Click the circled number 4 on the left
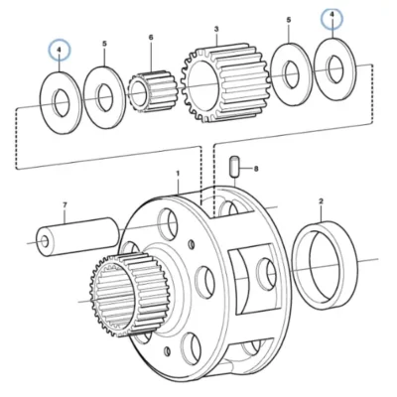coord(60,50)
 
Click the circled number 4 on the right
coord(332,15)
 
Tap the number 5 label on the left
coord(104,44)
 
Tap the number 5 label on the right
coord(289,20)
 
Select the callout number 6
coord(151,37)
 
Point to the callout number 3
coord(216,29)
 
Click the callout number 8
coord(256,169)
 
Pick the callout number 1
coord(178,174)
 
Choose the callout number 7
coord(65,205)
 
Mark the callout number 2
coord(321,200)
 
